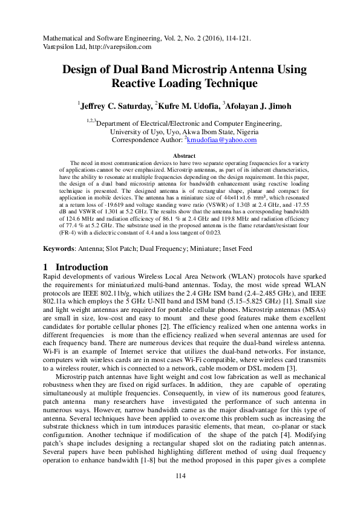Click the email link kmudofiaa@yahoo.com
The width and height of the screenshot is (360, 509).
[222, 140]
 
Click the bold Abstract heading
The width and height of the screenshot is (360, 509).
[184, 156]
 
